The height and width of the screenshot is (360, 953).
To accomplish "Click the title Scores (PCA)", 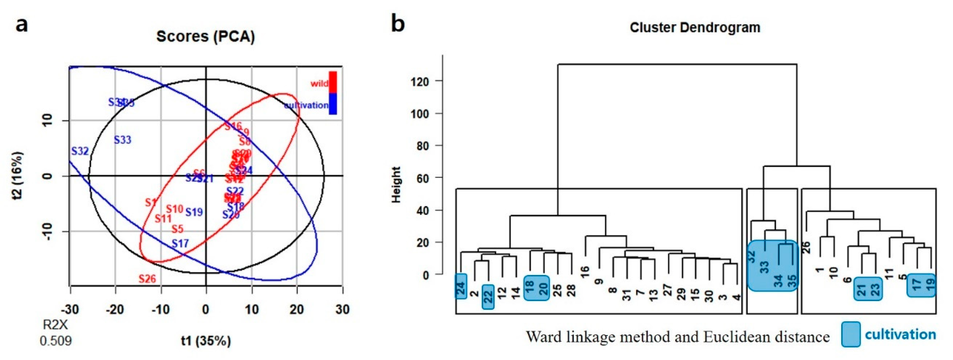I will (x=205, y=37).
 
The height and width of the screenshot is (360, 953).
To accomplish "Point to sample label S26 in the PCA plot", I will (x=147, y=278).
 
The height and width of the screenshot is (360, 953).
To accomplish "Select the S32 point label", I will (x=80, y=151).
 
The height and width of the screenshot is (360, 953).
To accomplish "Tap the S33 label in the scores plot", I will (x=122, y=140).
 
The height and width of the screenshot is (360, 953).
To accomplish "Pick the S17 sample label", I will (x=180, y=243).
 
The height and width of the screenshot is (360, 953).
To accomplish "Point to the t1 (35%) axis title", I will (x=206, y=340).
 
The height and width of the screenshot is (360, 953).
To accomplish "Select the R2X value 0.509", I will (x=56, y=340).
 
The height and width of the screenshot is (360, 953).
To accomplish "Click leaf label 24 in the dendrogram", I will (x=461, y=286).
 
